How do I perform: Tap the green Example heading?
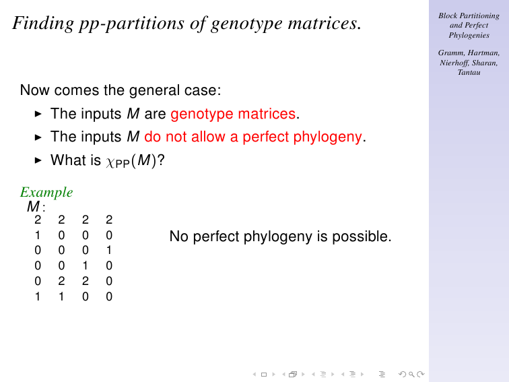pos(46,192)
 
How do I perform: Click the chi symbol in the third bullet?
pos(110,162)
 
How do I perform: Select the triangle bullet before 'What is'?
pos(38,160)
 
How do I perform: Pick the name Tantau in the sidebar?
pos(469,73)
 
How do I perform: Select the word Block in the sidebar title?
pos(448,15)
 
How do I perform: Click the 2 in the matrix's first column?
pos(38,220)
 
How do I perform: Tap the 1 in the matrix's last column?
pos(109,250)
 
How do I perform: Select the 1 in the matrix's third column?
pos(85,265)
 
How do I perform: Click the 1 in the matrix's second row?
pos(38,235)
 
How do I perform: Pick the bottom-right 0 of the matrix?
pos(109,296)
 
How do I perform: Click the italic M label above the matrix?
pos(33,207)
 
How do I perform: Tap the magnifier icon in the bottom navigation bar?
pos(411,374)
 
